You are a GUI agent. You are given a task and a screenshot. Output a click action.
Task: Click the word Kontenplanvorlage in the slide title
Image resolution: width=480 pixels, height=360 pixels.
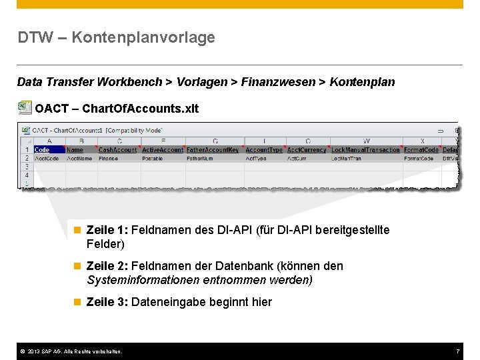(x=143, y=37)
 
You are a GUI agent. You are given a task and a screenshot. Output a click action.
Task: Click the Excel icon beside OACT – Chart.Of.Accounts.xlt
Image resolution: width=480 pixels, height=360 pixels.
(x=25, y=107)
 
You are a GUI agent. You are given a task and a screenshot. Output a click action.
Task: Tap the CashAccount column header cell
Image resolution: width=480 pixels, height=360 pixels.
(x=117, y=150)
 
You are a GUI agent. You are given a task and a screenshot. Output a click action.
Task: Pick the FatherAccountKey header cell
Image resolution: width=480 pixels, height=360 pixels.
(x=213, y=150)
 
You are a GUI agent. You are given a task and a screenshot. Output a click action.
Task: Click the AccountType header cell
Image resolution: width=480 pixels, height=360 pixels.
(x=264, y=150)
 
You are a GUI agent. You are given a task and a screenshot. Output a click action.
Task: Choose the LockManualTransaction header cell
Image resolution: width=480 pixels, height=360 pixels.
(x=365, y=150)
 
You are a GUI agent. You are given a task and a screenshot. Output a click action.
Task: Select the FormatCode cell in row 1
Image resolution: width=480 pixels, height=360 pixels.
(x=421, y=150)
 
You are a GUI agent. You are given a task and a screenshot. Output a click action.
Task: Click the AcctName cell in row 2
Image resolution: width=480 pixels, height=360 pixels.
(x=79, y=159)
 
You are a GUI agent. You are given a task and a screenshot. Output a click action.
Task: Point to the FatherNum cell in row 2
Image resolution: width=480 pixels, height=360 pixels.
(x=200, y=159)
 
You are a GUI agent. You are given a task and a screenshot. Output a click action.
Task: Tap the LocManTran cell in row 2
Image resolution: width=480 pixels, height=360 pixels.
(x=347, y=159)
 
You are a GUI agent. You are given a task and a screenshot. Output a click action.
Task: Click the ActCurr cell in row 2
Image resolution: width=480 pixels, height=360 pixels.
(x=296, y=159)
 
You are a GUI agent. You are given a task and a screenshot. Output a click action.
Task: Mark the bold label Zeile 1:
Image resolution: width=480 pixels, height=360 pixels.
(x=108, y=230)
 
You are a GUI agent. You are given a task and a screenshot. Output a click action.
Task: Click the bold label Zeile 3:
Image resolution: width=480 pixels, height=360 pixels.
(x=108, y=302)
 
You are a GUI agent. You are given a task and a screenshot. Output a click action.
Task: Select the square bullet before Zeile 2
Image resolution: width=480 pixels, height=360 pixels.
(x=77, y=266)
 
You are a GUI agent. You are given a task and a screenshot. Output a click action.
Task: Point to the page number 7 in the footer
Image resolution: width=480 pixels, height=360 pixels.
(x=458, y=351)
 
